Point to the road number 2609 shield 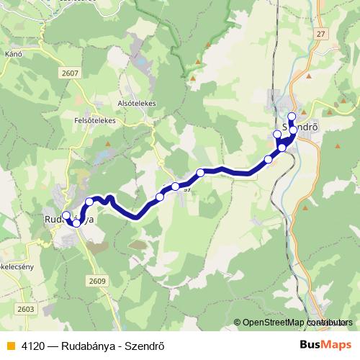point(98,280)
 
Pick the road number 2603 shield point(26,308)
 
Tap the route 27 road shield point(320,33)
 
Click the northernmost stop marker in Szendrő point(292,117)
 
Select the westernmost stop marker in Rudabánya point(66,215)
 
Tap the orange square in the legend point(10,346)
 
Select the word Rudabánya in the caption point(91,346)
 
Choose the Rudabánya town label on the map point(69,220)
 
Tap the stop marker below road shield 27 point(292,117)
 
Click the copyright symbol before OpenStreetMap point(238,323)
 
